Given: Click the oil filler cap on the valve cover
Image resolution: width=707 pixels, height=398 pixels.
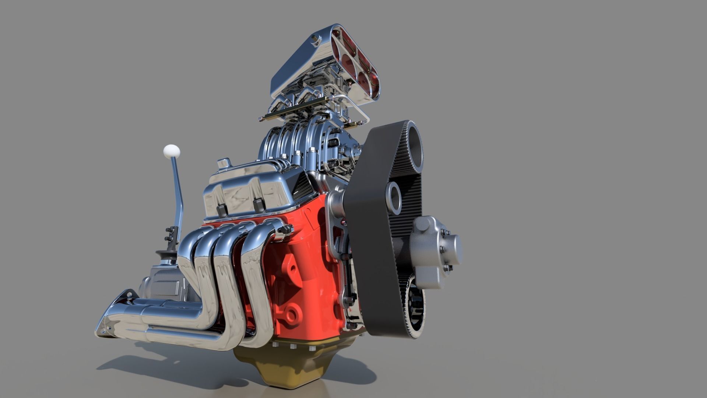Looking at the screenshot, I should click(224, 163).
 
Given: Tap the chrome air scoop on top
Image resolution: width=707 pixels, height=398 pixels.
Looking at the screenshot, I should click(324, 66).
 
